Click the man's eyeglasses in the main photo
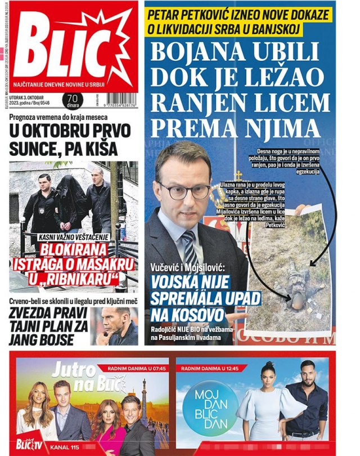(x=184, y=190)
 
